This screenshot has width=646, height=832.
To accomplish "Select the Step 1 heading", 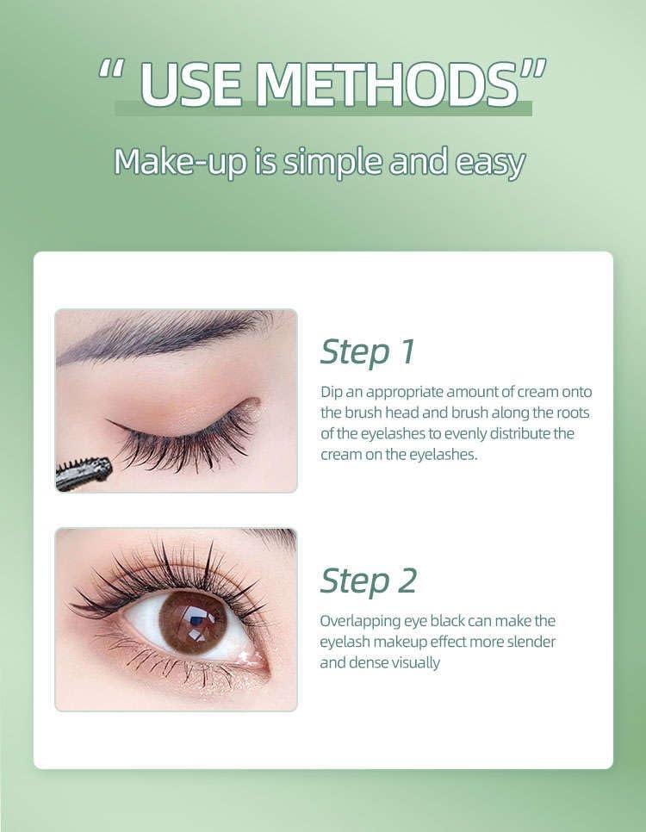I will click(x=368, y=351).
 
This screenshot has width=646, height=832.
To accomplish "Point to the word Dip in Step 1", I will click(x=332, y=392).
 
